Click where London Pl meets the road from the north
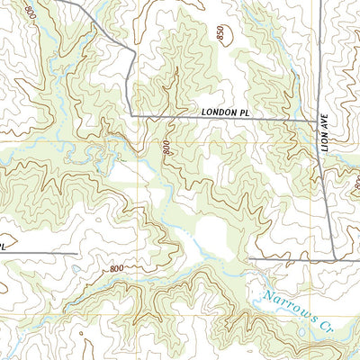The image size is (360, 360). [x=133, y=115]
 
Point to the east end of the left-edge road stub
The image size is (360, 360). [x=75, y=253]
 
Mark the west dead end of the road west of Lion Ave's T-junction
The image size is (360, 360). [x=249, y=259]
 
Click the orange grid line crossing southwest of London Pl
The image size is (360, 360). [x=138, y=141]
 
